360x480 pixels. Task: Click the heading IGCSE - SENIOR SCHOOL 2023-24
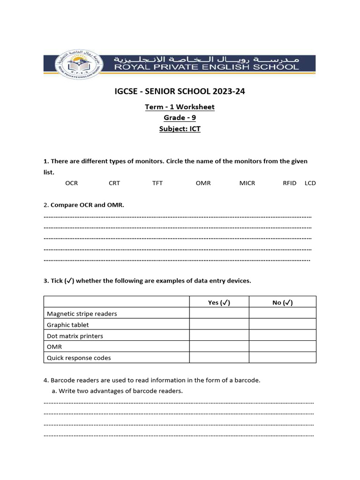pyautogui.click(x=180, y=91)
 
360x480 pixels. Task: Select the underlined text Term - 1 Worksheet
pyautogui.click(x=180, y=107)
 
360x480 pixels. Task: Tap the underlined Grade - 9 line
pyautogui.click(x=180, y=118)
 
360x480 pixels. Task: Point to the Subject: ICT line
pyautogui.click(x=180, y=129)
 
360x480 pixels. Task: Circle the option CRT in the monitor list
pyautogui.click(x=114, y=183)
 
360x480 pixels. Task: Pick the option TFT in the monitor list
pyautogui.click(x=157, y=183)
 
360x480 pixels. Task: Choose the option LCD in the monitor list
pyautogui.click(x=310, y=183)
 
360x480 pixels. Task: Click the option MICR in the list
pyautogui.click(x=247, y=183)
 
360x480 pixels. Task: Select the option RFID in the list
pyautogui.click(x=290, y=183)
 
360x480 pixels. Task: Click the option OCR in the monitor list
pyautogui.click(x=72, y=183)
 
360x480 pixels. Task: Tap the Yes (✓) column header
pyautogui.click(x=219, y=302)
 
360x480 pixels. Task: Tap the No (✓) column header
pyautogui.click(x=282, y=302)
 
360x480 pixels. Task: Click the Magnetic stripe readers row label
pyautogui.click(x=82, y=314)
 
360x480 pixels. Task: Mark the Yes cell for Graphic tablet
pyautogui.click(x=219, y=325)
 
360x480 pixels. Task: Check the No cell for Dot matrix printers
pyautogui.click(x=282, y=336)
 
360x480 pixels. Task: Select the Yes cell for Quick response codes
pyautogui.click(x=219, y=358)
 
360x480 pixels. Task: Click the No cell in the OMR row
pyautogui.click(x=282, y=347)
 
